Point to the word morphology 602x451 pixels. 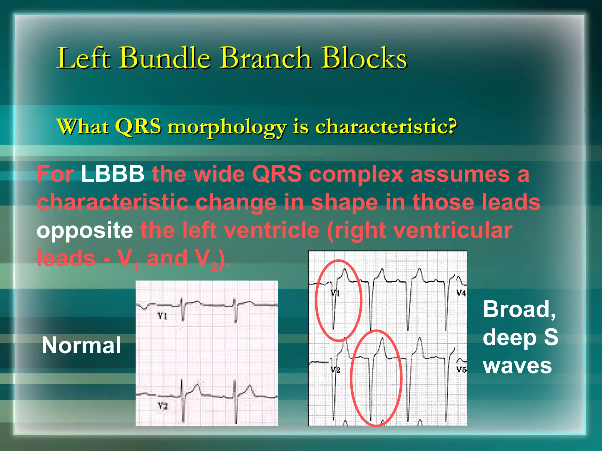(x=227, y=128)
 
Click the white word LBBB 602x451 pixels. (x=113, y=174)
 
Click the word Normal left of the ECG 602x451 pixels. (x=81, y=345)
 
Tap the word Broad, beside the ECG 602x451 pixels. (x=519, y=309)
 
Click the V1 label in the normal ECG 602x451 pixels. (x=162, y=316)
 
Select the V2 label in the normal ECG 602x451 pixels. (x=162, y=406)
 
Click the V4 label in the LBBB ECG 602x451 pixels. (x=461, y=293)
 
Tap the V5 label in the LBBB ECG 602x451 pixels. (x=461, y=369)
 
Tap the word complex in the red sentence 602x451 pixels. (x=356, y=174)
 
